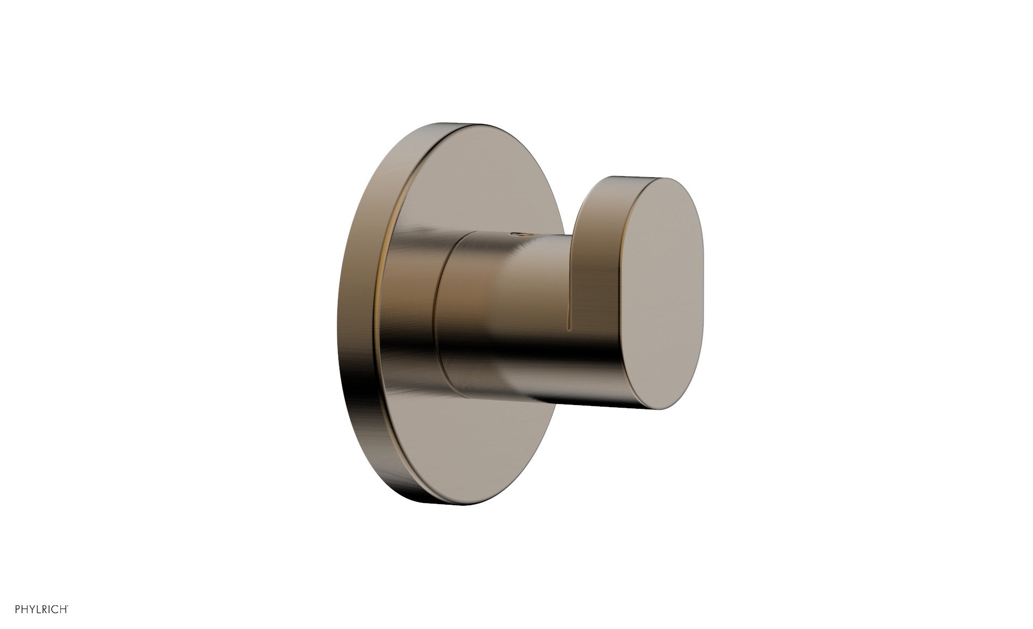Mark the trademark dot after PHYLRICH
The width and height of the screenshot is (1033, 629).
click(68, 606)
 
